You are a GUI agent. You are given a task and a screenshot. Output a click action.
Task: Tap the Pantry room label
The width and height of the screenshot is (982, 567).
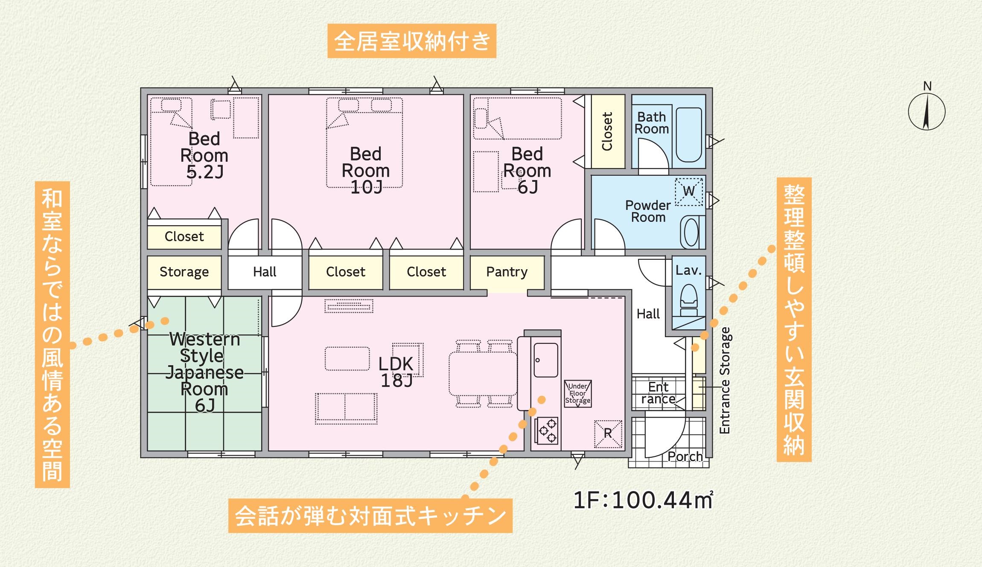(507, 272)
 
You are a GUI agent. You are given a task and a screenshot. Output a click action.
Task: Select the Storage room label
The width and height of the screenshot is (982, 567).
(184, 272)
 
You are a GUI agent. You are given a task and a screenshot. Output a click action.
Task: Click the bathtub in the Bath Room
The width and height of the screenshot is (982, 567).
(689, 135)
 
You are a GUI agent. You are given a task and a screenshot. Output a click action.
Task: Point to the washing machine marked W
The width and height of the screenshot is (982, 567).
(689, 192)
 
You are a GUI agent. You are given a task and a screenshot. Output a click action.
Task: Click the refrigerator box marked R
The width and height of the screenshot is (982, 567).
(608, 434)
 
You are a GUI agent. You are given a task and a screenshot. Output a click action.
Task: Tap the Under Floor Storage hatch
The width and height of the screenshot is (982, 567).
(578, 393)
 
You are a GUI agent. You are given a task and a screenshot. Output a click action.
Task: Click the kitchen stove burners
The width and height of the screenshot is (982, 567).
(547, 430)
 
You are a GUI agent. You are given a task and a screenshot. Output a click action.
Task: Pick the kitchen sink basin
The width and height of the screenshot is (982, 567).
(546, 360)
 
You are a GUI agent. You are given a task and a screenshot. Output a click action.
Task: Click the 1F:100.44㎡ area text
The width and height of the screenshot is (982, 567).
(643, 500)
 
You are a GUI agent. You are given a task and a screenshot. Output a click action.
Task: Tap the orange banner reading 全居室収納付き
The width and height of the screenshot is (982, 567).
(412, 41)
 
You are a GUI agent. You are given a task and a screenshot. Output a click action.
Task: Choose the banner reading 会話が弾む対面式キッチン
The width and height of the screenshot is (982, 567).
(370, 515)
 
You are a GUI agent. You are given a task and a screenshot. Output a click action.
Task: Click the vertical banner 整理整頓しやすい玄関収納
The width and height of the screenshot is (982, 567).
(794, 320)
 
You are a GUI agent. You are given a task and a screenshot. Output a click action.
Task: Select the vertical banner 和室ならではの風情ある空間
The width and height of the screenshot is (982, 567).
(52, 334)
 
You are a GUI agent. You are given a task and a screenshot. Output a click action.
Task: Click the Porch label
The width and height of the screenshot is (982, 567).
(685, 457)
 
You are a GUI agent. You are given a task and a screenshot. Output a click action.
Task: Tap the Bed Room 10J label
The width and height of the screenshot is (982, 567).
(366, 170)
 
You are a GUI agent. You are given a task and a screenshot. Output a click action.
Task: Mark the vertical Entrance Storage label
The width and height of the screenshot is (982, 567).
(725, 381)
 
